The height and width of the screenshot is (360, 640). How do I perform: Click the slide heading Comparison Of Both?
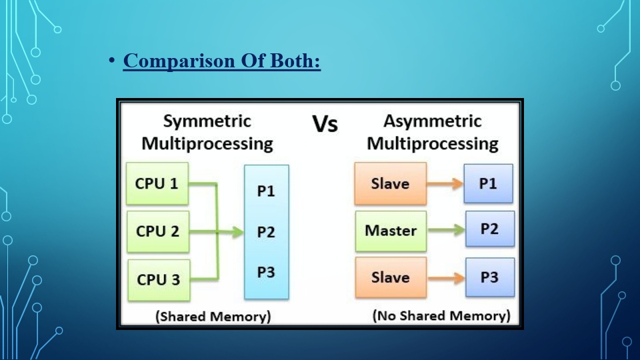221,61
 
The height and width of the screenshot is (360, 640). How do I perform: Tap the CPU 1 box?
157,183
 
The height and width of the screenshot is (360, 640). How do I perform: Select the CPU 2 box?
157,231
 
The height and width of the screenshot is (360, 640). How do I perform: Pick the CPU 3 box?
158,279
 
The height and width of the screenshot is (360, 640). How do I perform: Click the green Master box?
391,231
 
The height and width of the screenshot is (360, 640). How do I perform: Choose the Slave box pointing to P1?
390,183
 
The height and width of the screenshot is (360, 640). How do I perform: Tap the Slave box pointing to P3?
390,277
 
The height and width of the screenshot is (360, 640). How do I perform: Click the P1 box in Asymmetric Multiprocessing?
489,183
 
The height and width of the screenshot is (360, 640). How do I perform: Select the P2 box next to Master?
489,229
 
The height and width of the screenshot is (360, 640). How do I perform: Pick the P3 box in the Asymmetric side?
489,277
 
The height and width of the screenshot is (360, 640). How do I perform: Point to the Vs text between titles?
325,124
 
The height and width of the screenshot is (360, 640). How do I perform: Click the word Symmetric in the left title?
207,121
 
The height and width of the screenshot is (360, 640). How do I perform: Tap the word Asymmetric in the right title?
432,121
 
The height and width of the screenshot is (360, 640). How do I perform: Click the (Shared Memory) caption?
213,316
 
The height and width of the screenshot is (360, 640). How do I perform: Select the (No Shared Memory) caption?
441,315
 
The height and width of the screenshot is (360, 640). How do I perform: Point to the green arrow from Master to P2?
445,231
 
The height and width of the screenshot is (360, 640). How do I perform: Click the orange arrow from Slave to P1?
445,183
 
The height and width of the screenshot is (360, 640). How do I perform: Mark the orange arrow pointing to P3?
445,277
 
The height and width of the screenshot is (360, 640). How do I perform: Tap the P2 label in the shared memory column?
266,232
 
